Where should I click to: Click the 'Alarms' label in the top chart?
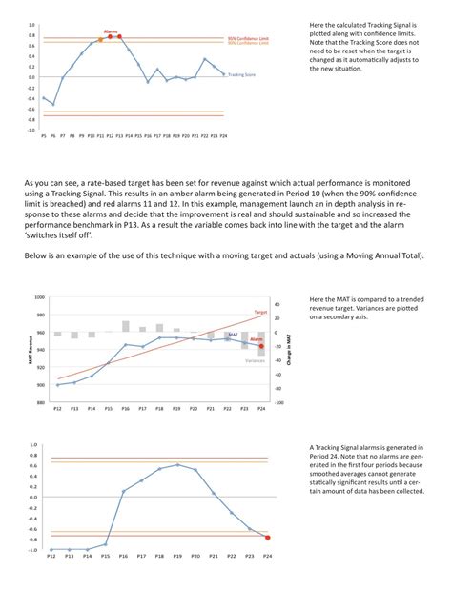(112, 31)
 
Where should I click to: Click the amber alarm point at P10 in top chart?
(100, 40)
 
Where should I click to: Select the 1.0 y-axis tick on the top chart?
(31, 25)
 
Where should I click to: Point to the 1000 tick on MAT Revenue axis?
(38, 297)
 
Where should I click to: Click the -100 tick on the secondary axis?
(280, 402)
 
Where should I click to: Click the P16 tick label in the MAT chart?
(125, 408)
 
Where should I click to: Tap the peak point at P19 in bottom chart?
(177, 465)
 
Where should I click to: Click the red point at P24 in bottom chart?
(267, 539)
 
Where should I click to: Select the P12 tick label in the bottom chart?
(52, 556)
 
